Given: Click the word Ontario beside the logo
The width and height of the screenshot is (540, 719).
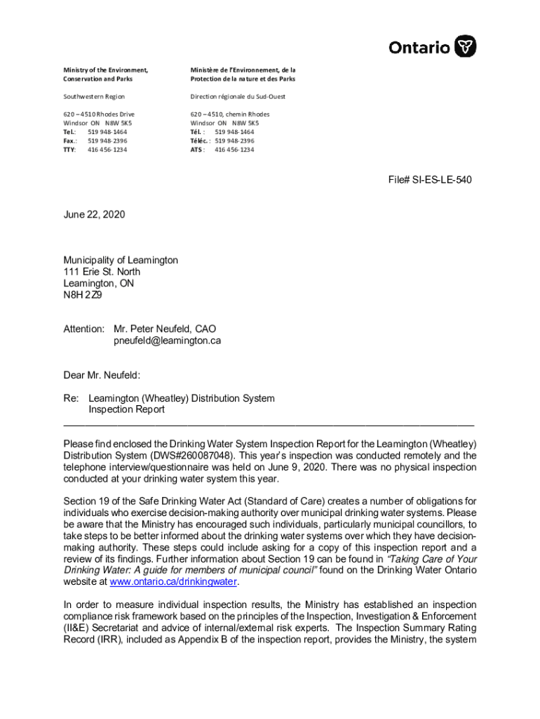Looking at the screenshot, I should tap(419, 48).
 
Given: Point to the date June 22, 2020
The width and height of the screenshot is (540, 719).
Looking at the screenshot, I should tap(94, 215).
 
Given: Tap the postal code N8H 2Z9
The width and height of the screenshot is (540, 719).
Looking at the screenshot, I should tap(83, 295).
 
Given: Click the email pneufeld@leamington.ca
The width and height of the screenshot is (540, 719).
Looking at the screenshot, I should tap(167, 341).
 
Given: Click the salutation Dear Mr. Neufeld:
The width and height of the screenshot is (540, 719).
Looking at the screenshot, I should tap(106, 376).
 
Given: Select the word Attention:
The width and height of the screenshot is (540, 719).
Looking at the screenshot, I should tap(84, 329).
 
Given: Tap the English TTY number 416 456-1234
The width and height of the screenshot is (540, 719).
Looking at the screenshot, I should tap(107, 150).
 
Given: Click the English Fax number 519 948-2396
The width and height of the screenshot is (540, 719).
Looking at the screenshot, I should tap(107, 140).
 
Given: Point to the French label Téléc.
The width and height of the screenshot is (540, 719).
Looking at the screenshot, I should tap(200, 140).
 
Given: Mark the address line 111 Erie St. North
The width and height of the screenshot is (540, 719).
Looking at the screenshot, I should tap(102, 272).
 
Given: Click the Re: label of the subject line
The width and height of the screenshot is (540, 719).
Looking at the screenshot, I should tap(71, 398).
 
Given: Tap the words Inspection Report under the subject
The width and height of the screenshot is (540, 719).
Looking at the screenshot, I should tap(126, 409).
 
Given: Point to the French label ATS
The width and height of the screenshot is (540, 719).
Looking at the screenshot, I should tap(196, 150).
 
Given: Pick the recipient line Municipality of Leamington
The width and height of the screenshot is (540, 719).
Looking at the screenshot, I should tap(121, 260).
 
